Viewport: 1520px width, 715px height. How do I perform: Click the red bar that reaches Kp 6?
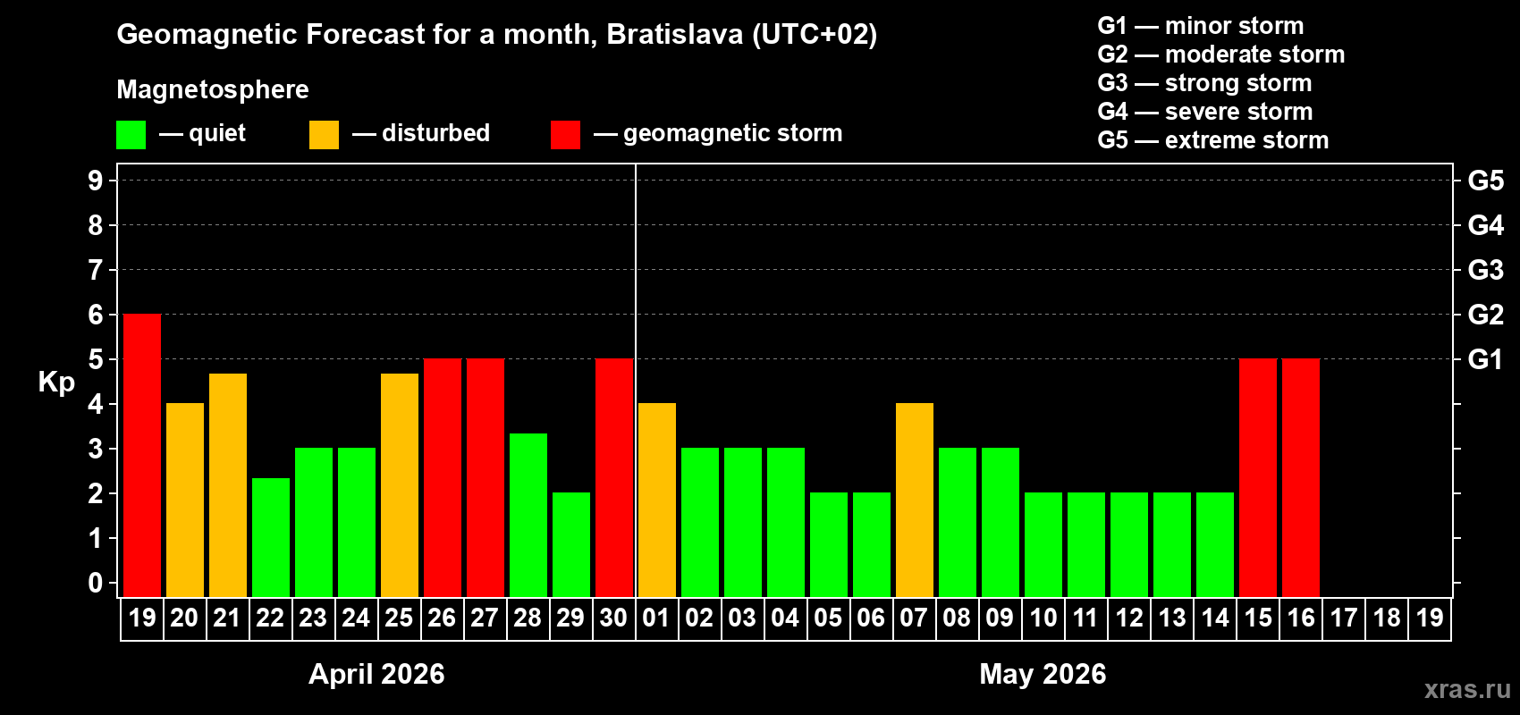pos(142,455)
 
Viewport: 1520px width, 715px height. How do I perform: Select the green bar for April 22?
pos(271,537)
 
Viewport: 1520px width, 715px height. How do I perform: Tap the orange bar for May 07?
pos(915,500)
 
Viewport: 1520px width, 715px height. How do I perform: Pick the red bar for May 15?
pos(1258,477)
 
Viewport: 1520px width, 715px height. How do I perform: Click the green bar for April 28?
pos(528,515)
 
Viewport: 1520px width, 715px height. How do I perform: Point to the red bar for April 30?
pos(614,477)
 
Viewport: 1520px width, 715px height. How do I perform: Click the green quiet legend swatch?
pos(131,135)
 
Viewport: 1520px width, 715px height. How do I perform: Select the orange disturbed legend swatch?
pos(324,135)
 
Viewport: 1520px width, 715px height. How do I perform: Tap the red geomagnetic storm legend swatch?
pos(565,135)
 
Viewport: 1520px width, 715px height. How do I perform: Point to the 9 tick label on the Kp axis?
pos(96,181)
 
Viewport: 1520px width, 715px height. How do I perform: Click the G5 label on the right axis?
pos(1485,181)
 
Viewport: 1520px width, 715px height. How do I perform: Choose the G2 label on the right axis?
pos(1485,315)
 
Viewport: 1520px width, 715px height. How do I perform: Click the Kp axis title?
pos(56,383)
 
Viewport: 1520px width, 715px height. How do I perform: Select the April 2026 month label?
pos(376,674)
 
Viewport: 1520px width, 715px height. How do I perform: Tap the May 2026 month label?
pos(1043,674)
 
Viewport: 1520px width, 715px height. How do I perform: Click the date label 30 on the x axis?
pos(613,618)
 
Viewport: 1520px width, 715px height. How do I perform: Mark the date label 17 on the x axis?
pos(1344,618)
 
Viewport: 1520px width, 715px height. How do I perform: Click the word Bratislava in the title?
pos(675,34)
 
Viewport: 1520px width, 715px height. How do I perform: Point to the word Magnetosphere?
pos(213,89)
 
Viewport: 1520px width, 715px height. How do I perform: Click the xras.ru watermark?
pos(1467,689)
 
